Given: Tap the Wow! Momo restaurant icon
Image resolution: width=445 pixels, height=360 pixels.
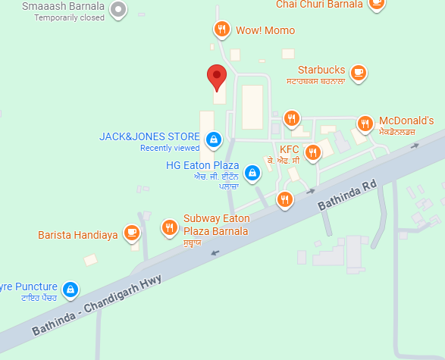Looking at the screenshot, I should (221, 30).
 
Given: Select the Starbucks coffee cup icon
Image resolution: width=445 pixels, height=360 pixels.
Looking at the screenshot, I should (358, 72).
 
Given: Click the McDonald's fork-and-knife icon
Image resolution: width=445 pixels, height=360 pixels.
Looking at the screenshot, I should (365, 123).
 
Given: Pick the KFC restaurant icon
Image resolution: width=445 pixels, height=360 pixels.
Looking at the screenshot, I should (310, 152).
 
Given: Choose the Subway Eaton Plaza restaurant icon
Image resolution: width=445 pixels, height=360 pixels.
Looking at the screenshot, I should (169, 226).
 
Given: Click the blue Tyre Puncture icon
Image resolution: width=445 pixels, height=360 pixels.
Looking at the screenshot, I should (71, 288).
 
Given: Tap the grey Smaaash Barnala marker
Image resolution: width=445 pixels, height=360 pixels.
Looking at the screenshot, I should (118, 10).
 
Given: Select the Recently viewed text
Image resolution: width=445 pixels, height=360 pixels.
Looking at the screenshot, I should (170, 148).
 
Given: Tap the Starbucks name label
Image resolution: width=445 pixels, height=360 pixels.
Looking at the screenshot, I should (321, 69).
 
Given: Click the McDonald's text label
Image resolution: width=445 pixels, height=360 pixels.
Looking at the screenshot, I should (406, 121).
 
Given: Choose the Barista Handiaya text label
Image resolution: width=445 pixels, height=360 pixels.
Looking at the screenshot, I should (78, 214).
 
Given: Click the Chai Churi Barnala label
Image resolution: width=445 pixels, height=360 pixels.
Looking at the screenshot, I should (321, 4).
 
